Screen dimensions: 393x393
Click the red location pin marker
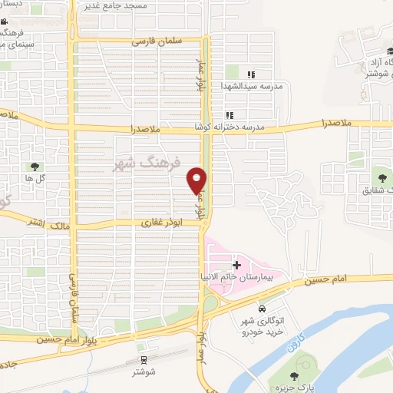197,180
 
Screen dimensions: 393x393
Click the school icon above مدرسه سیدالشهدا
250,74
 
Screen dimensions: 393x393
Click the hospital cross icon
237,264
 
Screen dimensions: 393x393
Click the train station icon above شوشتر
144,360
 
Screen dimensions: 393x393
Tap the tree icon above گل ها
35,166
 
